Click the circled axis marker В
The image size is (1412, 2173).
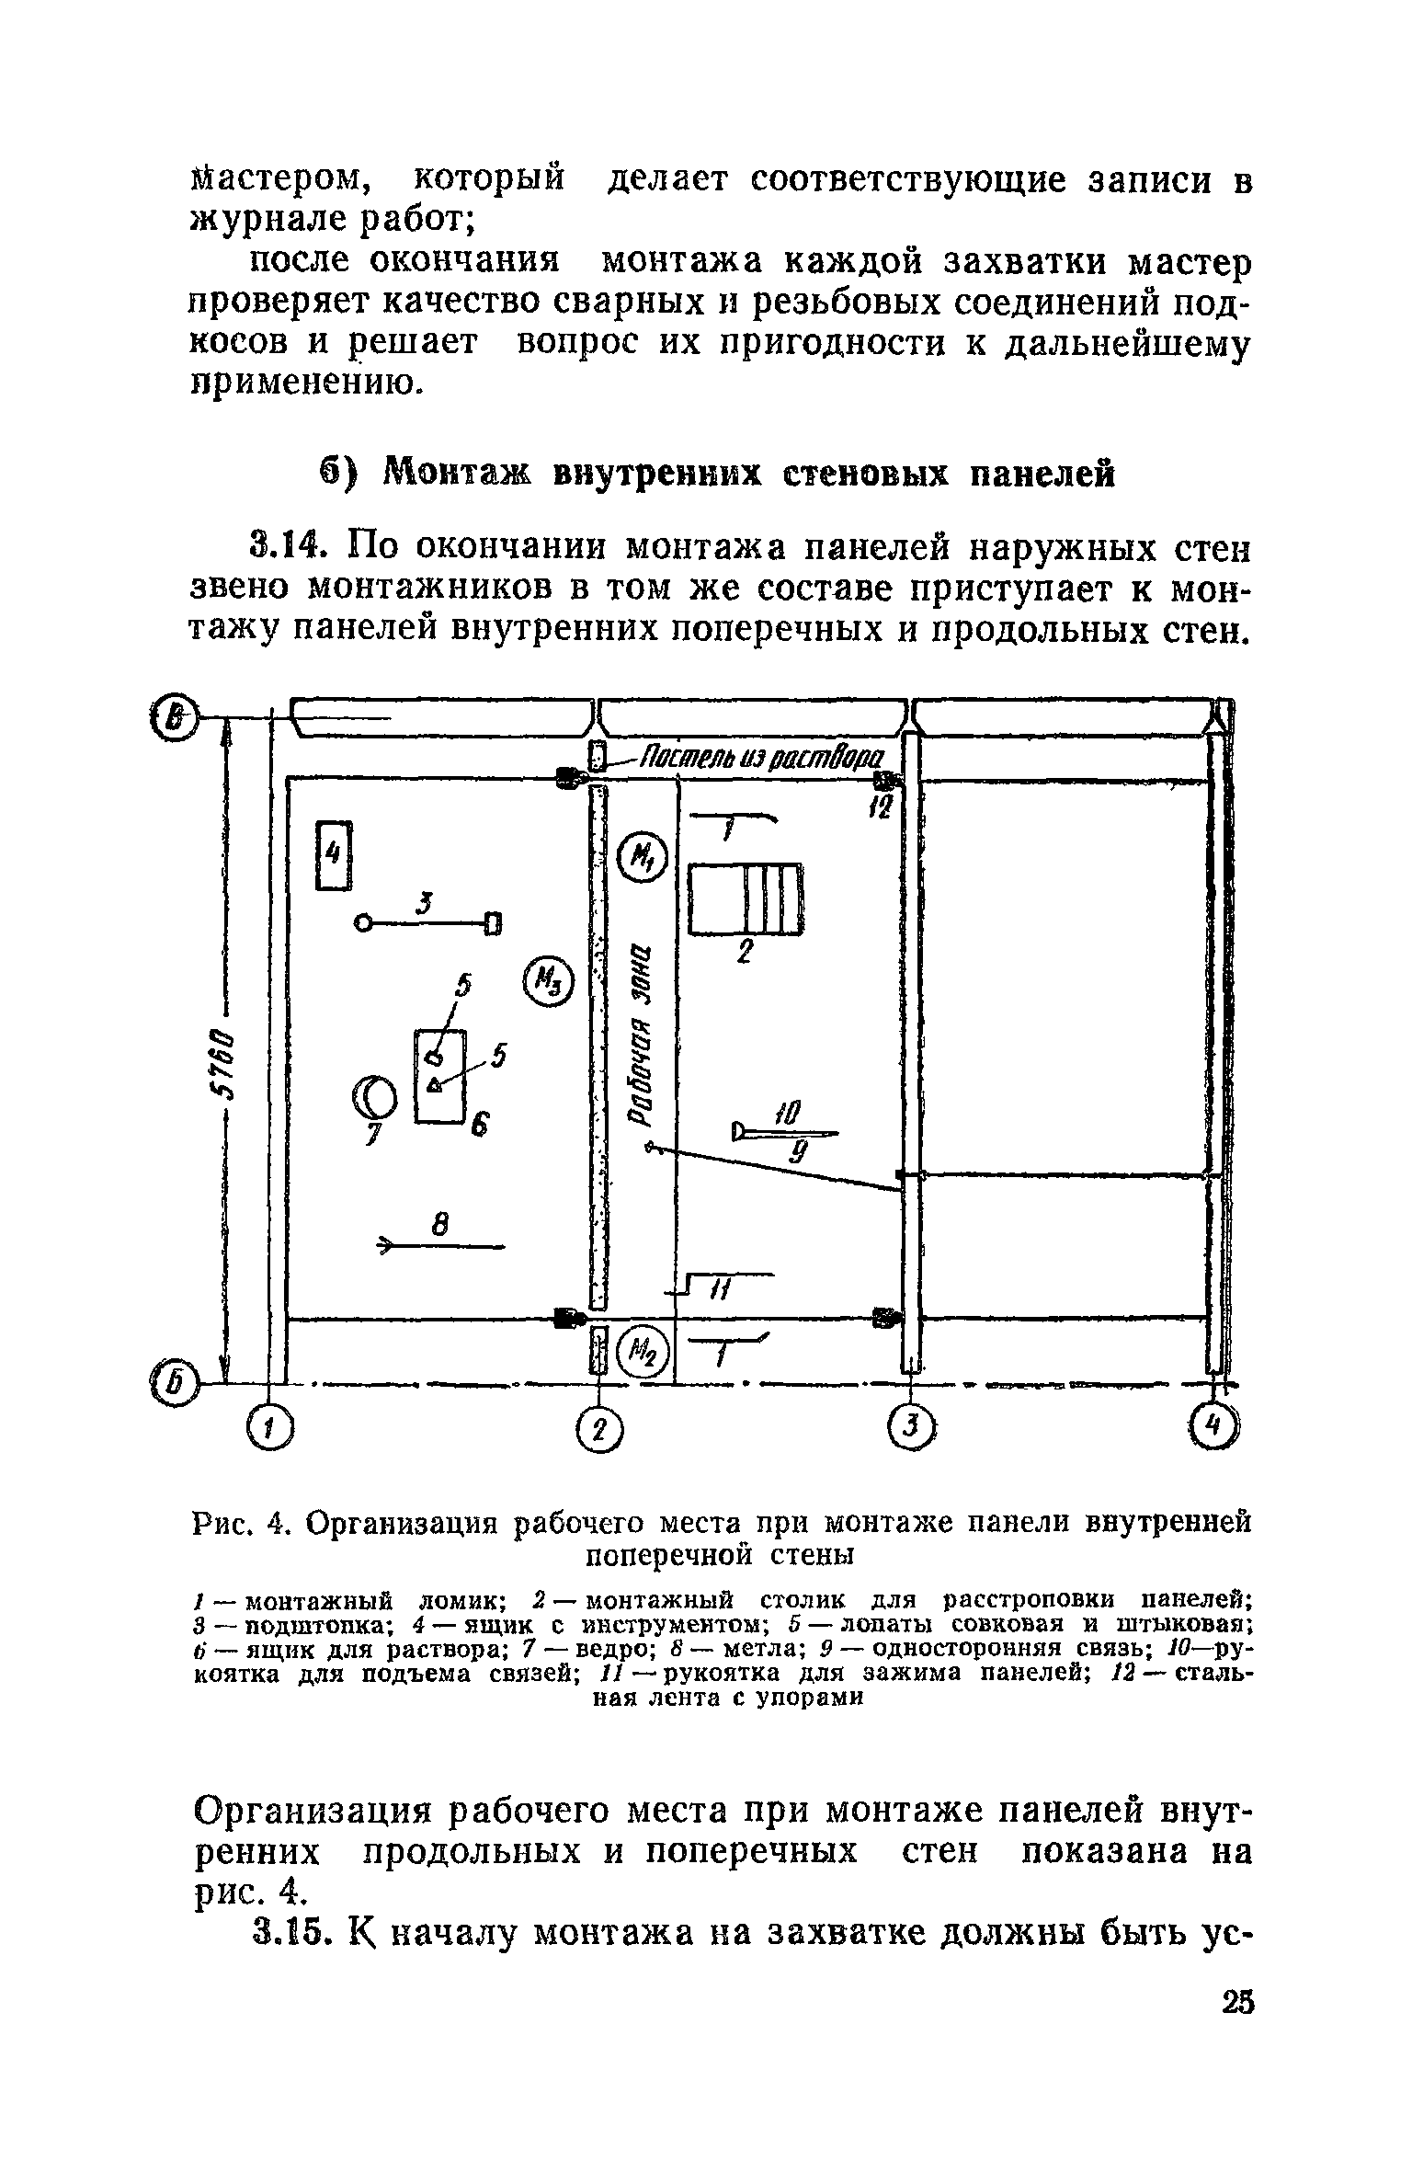pyautogui.click(x=176, y=716)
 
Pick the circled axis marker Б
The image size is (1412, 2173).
pyautogui.click(x=176, y=1382)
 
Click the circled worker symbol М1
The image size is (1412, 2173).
pyautogui.click(x=643, y=857)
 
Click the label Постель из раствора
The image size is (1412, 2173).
pyautogui.click(x=760, y=759)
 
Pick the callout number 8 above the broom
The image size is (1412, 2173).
pyautogui.click(x=439, y=1226)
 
